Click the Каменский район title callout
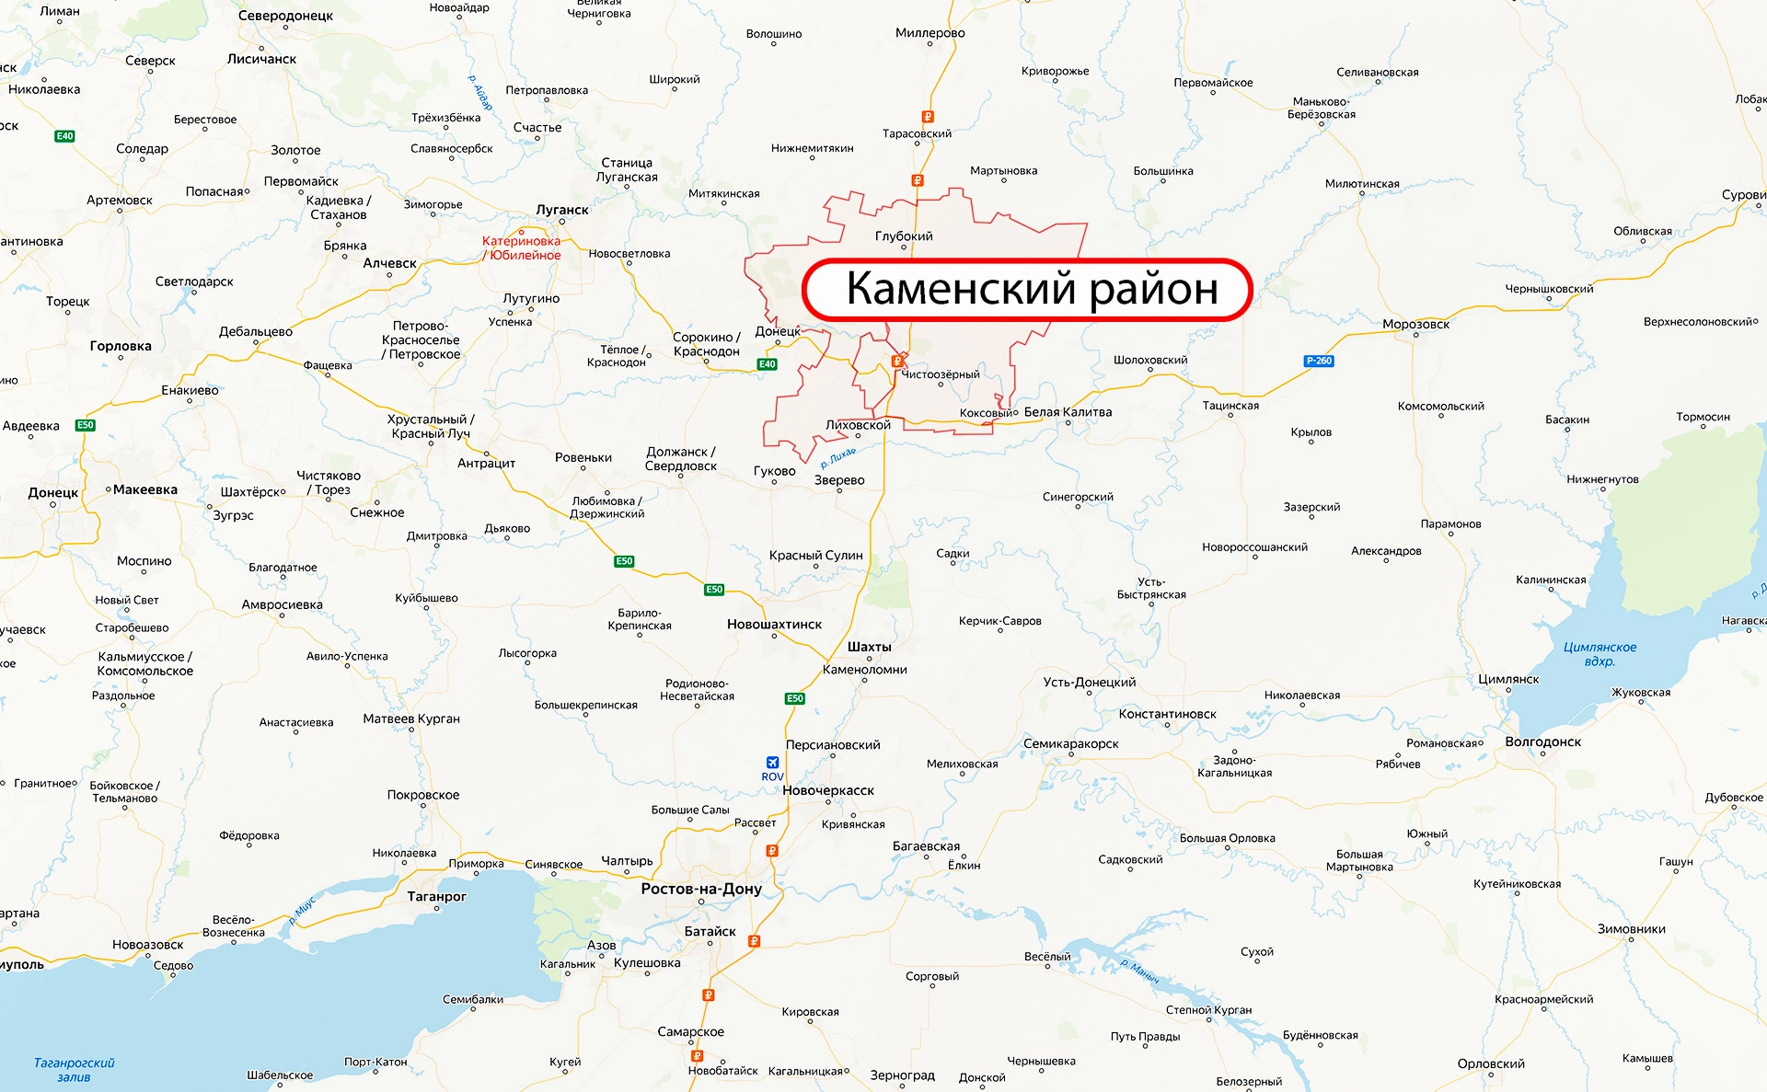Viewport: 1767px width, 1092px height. coord(1027,289)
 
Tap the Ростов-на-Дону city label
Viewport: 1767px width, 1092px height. coord(701,889)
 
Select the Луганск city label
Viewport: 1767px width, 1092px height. coord(562,210)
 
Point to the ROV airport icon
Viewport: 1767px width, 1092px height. coord(772,763)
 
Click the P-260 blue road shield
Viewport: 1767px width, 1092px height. coord(1319,361)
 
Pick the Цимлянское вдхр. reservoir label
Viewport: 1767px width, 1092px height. coord(1600,654)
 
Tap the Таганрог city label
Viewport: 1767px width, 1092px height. coord(436,896)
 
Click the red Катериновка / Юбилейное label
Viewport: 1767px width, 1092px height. coord(521,248)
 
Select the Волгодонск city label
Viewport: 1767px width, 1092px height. coord(1542,741)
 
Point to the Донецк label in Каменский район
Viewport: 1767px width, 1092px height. coord(778,331)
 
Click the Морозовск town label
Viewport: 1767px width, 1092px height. coord(1415,324)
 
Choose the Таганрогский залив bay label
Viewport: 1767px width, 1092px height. coord(74,1070)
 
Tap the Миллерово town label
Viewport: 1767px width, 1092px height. coord(930,33)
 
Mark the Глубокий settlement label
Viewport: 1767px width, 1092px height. coord(904,236)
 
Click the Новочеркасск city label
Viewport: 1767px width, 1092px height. coord(828,790)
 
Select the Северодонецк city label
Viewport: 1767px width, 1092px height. coord(285,16)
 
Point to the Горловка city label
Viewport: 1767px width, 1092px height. coord(121,346)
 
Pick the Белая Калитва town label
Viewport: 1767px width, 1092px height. coord(1068,412)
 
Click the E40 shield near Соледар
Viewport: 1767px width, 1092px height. coord(64,136)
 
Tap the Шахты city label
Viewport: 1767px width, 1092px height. coord(869,647)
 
